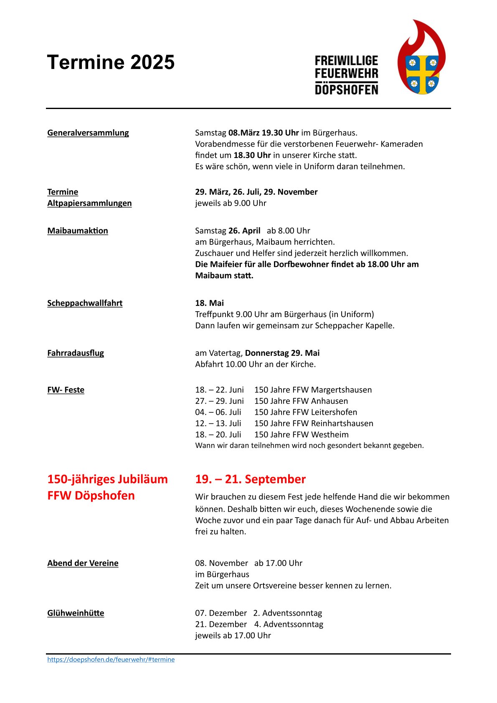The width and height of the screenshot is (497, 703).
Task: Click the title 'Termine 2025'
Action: click(111, 62)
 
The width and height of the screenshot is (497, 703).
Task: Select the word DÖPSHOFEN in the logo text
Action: click(346, 89)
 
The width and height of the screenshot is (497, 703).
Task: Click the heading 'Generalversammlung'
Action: click(88, 133)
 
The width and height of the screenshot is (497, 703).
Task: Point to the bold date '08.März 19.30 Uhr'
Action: click(264, 133)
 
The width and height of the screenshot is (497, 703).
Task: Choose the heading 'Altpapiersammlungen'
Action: click(89, 203)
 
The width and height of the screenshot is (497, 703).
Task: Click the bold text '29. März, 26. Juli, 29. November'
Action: click(256, 192)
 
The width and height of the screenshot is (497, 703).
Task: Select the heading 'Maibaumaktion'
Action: click(78, 231)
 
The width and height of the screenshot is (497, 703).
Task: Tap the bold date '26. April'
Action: click(244, 231)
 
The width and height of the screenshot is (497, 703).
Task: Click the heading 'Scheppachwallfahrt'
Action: click(85, 303)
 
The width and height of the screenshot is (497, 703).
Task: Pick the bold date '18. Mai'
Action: click(210, 303)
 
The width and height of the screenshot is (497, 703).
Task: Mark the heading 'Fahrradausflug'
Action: click(76, 353)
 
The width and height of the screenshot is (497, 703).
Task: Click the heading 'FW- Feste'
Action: click(66, 390)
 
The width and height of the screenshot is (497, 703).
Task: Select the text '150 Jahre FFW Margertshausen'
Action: click(313, 390)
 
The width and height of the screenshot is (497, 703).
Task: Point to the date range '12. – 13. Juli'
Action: click(218, 423)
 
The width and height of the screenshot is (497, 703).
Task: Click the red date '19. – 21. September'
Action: click(250, 479)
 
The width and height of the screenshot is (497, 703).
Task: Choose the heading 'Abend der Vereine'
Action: click(83, 563)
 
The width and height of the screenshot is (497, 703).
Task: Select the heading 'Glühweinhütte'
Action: click(76, 613)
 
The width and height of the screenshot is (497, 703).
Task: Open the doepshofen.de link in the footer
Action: click(111, 660)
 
